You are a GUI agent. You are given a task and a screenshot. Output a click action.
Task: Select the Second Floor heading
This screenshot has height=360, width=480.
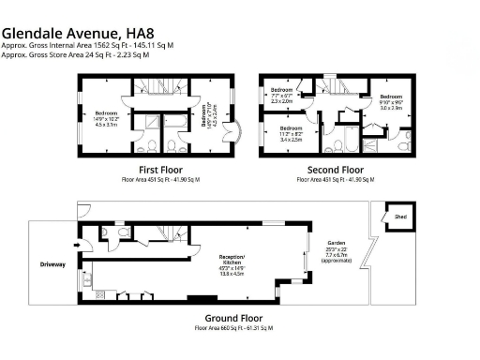[336, 171]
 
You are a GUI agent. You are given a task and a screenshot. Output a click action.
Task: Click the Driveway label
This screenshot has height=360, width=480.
[53, 264]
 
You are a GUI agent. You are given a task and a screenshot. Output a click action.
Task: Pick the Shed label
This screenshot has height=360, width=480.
[400, 216]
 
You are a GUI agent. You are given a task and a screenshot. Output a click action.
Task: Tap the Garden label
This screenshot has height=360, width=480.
[336, 241]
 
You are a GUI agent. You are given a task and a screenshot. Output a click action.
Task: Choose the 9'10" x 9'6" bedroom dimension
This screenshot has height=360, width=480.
[391, 105]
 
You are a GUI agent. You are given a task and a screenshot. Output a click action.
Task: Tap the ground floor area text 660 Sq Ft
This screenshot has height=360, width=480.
[233, 329]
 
